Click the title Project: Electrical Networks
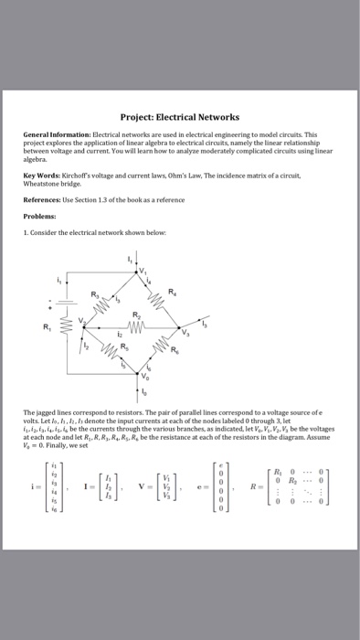(x=179, y=117)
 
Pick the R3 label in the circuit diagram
(x=94, y=294)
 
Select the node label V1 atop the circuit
(x=143, y=272)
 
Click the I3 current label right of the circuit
(x=207, y=323)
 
